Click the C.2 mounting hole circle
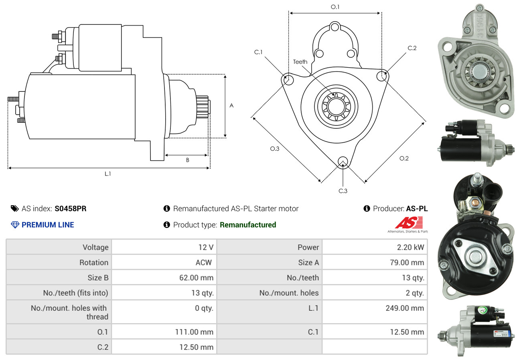coord(382,75)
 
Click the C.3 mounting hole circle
coord(343,161)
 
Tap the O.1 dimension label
coord(335,7)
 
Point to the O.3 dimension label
coord(274,148)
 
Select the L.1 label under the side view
coord(107,174)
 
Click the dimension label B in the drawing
coord(187,160)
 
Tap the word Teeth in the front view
coord(300,62)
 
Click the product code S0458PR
coord(71,208)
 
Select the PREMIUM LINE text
coord(48,225)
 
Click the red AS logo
coord(409,222)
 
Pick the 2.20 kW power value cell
coord(375,247)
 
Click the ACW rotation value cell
coord(164,263)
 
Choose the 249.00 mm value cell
coord(375,308)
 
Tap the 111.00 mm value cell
coord(164,332)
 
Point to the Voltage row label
coord(59,247)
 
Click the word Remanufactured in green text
coord(248,225)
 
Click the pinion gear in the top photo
coord(480,72)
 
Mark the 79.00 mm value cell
coord(375,263)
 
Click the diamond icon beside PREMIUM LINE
coord(15,225)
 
